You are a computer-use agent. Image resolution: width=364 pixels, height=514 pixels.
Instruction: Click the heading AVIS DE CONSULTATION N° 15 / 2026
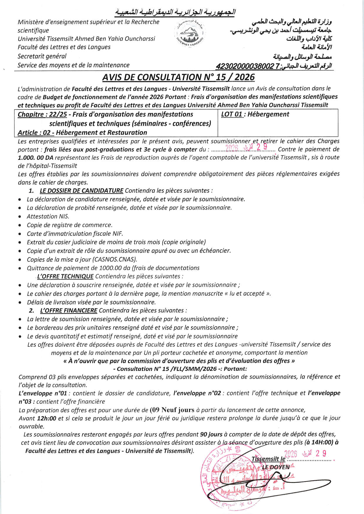178,77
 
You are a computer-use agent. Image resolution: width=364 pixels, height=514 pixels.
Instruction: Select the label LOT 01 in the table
232,114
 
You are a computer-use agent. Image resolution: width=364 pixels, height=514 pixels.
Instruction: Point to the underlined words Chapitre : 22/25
42,114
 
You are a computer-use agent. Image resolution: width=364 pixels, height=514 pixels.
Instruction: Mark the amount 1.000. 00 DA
36,157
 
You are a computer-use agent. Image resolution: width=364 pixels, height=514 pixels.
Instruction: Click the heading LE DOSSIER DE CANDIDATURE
81,190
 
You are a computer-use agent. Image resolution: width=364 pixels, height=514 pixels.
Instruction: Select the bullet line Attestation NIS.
48,216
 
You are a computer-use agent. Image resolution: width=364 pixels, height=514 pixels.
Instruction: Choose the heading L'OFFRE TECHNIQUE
65,276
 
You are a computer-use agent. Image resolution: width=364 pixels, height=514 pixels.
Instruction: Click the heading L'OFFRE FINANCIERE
68,310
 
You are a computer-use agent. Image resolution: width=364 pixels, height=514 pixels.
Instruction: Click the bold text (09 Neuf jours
172,410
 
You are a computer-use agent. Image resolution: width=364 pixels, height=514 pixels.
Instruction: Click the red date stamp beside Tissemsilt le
306,454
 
